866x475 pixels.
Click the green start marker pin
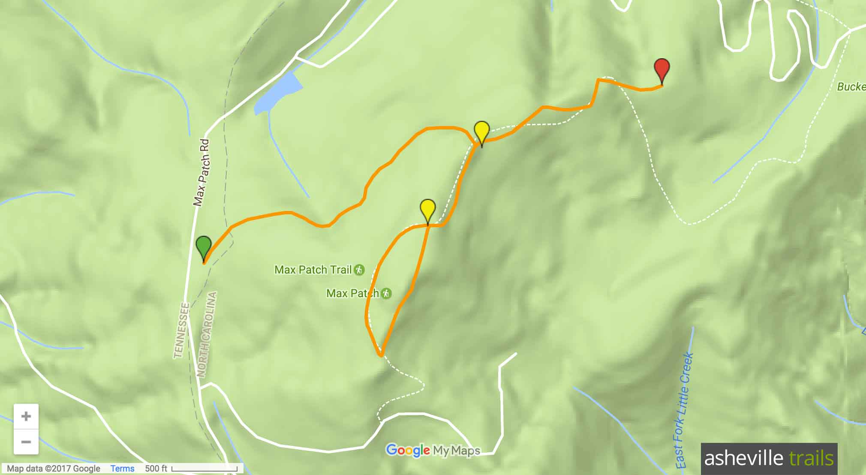[x=204, y=246]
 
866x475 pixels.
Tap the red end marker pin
[x=662, y=69]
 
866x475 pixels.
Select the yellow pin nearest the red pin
[x=482, y=131]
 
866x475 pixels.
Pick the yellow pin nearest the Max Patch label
[x=428, y=209]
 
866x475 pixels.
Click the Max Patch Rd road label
[x=201, y=172]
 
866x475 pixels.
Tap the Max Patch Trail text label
[x=313, y=270]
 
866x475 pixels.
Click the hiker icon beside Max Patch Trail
[x=359, y=270]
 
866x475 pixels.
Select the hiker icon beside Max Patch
[x=386, y=293]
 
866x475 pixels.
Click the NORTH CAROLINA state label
[x=207, y=334]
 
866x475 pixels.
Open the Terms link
[x=122, y=469]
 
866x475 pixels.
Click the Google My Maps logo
[x=433, y=450]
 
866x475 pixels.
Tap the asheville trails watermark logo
[x=769, y=458]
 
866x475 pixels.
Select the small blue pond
[x=277, y=94]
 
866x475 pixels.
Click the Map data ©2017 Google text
[x=54, y=469]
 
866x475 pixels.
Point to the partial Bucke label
[x=851, y=87]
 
